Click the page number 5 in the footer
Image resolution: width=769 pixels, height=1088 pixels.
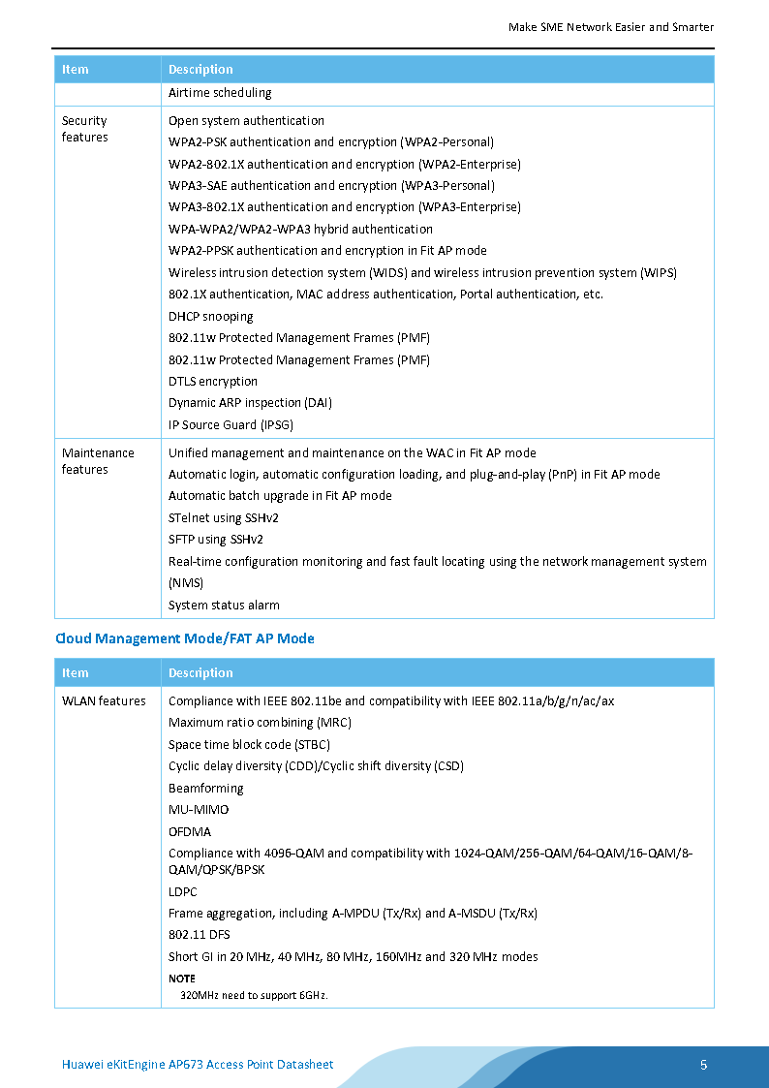pyautogui.click(x=704, y=1065)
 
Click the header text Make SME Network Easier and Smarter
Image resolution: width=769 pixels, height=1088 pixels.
pyautogui.click(x=611, y=27)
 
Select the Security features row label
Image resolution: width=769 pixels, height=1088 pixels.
pyautogui.click(x=84, y=129)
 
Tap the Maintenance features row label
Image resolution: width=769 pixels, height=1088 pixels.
pyautogui.click(x=98, y=461)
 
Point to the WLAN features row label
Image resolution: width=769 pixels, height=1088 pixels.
pyautogui.click(x=104, y=700)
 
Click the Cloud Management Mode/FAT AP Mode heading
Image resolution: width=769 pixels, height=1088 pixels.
pyautogui.click(x=185, y=638)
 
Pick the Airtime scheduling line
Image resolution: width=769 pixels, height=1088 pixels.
pyautogui.click(x=220, y=93)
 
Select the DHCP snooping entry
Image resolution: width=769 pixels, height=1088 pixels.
pyautogui.click(x=211, y=316)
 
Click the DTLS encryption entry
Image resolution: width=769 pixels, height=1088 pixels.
pyautogui.click(x=213, y=381)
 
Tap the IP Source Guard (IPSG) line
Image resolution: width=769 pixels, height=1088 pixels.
pyautogui.click(x=231, y=424)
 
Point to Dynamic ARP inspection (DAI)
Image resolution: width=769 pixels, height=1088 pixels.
pyautogui.click(x=250, y=403)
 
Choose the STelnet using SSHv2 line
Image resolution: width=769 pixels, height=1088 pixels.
pyautogui.click(x=224, y=517)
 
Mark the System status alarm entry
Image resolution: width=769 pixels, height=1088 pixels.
pyautogui.click(x=224, y=605)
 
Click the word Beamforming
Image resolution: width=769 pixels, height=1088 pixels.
pyautogui.click(x=206, y=788)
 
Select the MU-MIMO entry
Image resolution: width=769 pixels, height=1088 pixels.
pyautogui.click(x=199, y=809)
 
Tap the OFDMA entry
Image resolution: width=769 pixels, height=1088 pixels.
pyautogui.click(x=190, y=831)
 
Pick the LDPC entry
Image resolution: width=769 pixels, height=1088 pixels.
pyautogui.click(x=183, y=891)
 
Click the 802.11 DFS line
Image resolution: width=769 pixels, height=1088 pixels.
pyautogui.click(x=200, y=935)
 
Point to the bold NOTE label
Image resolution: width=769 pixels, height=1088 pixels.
pyautogui.click(x=181, y=979)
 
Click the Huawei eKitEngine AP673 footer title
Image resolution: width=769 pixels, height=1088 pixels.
pyautogui.click(x=198, y=1065)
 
